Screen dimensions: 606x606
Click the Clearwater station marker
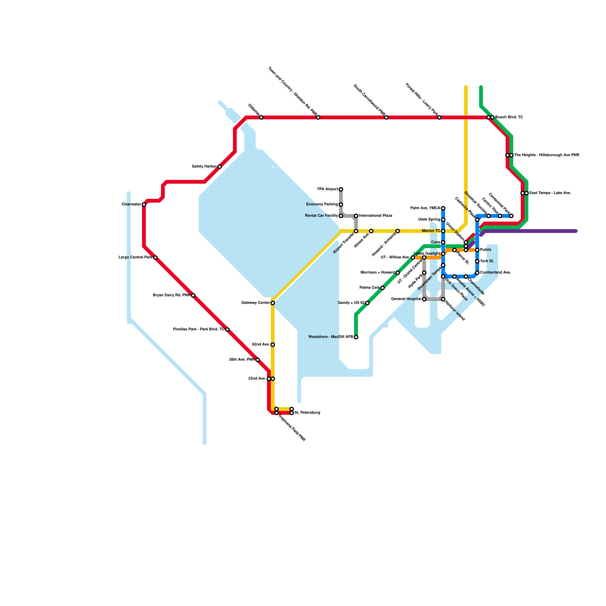(144, 205)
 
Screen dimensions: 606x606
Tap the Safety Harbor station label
(205, 167)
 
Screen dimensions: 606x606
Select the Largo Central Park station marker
(155, 258)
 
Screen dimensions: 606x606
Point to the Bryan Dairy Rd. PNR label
(172, 295)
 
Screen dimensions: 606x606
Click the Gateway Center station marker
(273, 303)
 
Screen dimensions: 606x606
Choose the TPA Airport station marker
(341, 189)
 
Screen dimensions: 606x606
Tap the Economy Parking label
(322, 205)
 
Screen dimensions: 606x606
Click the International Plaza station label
(376, 216)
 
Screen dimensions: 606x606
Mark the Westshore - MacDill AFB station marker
(356, 337)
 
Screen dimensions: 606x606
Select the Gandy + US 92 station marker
(367, 303)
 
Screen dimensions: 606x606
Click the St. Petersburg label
(307, 413)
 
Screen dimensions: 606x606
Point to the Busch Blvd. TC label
(509, 117)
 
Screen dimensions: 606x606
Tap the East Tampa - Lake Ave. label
(550, 193)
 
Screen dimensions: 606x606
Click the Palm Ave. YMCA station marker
(443, 208)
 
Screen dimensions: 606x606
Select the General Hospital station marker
(424, 299)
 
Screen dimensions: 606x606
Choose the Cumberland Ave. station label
(495, 273)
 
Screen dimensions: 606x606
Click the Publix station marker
(477, 250)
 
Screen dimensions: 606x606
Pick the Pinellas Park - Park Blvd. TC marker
(227, 330)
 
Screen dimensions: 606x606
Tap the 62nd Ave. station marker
(273, 345)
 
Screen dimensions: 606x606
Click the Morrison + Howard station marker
(398, 273)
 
